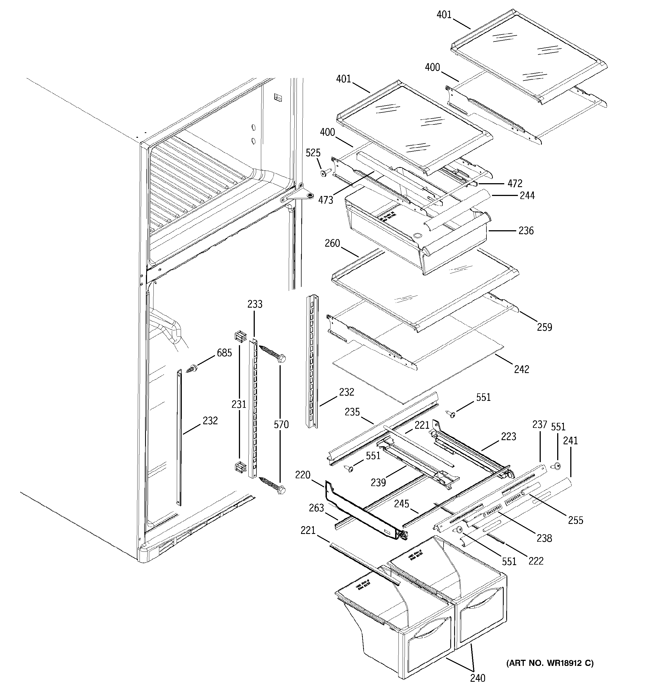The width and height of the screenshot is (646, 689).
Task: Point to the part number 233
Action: click(255, 304)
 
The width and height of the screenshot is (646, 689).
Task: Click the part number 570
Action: click(281, 424)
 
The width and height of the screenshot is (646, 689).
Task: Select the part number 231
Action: click(239, 404)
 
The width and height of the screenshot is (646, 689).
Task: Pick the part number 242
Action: click(522, 369)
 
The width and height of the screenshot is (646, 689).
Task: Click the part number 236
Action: click(526, 231)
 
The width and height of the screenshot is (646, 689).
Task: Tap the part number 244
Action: click(527, 195)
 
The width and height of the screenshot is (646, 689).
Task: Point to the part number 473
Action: click(326, 200)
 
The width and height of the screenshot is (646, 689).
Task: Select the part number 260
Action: click(332, 243)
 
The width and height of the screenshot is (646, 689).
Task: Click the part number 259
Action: click(544, 327)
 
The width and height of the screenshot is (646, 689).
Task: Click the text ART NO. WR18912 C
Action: click(550, 663)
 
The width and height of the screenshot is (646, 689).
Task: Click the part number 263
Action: click(316, 508)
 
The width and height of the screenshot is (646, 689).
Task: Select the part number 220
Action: click(302, 475)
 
